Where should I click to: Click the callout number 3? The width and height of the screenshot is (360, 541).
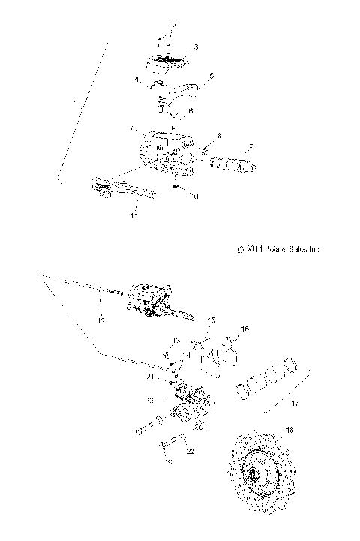pos(195,47)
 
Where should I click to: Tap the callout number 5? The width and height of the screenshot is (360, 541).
pos(212,75)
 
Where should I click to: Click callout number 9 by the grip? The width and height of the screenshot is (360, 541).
pos(252,146)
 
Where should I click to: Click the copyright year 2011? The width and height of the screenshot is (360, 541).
pos(253,251)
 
